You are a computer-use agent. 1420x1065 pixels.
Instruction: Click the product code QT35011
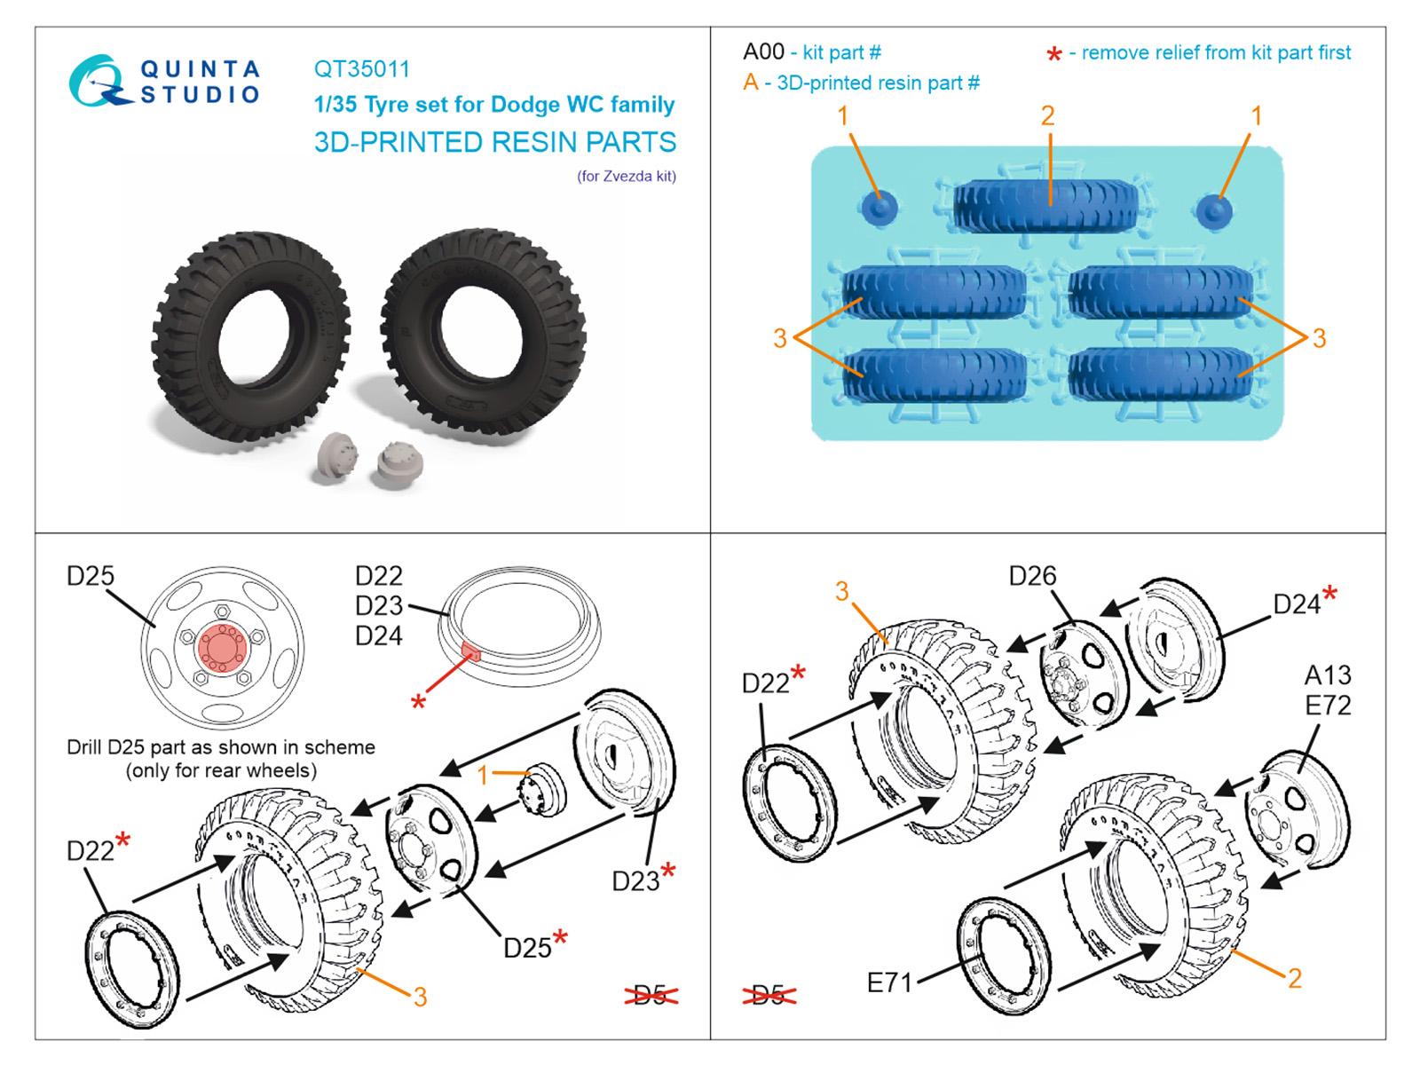click(361, 69)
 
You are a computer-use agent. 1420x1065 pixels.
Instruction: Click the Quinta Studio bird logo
click(98, 82)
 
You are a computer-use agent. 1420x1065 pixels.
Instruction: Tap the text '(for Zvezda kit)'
click(626, 176)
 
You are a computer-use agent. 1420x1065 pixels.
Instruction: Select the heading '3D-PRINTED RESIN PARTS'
click(494, 142)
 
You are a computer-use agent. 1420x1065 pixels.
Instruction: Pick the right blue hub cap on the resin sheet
click(1213, 211)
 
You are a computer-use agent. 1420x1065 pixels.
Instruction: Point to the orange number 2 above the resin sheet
click(1047, 115)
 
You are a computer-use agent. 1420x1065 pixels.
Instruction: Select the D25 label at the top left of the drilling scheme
click(91, 576)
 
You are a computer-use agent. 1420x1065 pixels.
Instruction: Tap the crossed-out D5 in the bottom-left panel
click(651, 996)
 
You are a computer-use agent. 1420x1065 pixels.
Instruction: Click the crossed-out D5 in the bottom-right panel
click(769, 996)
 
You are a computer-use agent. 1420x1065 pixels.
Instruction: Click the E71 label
click(889, 982)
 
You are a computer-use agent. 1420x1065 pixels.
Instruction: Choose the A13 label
click(1327, 675)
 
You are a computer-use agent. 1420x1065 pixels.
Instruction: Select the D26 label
click(1032, 576)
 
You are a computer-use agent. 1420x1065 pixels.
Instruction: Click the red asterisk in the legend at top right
click(1053, 55)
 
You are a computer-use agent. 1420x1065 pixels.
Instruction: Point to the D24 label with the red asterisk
click(1297, 604)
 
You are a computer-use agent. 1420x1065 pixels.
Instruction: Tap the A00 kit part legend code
click(763, 52)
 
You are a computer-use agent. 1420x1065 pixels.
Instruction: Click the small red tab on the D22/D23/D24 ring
click(470, 653)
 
